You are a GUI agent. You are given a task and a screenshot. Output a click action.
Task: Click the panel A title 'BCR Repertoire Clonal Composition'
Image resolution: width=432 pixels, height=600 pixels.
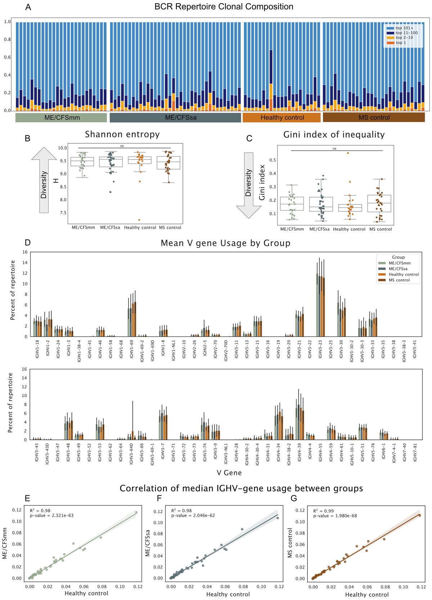[224, 7]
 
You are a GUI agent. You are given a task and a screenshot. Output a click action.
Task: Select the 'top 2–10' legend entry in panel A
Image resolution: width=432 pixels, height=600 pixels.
[404, 37]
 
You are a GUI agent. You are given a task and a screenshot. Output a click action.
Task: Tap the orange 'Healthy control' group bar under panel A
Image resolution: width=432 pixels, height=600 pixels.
[282, 118]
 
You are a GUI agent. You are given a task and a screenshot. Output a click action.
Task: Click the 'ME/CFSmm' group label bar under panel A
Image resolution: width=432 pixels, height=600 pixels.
[62, 118]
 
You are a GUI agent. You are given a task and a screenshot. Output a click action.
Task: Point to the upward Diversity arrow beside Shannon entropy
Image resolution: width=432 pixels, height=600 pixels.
[44, 180]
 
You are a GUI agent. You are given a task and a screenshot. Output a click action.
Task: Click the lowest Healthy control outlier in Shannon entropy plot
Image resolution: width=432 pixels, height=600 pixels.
[139, 220]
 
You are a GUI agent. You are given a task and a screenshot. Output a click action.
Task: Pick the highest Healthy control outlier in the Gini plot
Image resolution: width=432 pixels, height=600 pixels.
[348, 153]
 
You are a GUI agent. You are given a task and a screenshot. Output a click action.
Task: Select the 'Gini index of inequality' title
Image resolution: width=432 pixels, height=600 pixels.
[334, 135]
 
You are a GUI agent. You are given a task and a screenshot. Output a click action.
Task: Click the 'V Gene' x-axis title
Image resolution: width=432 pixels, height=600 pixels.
[229, 473]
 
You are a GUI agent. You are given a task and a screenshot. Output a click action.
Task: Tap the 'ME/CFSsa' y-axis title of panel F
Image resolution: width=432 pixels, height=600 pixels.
[148, 543]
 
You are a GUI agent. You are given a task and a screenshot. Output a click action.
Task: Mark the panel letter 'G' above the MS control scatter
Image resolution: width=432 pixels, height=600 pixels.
[294, 498]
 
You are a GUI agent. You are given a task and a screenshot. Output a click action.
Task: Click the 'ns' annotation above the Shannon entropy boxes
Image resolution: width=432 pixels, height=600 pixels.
[122, 146]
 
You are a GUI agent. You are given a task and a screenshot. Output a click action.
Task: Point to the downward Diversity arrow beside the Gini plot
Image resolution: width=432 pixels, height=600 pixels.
[248, 185]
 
